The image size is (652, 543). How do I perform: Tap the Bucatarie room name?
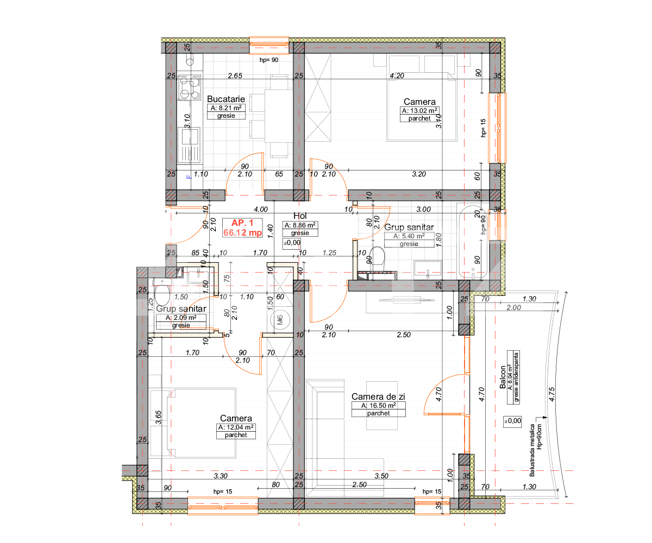click(x=226, y=99)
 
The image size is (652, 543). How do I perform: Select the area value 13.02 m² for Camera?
click(x=419, y=110)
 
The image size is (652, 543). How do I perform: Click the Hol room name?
click(x=300, y=216)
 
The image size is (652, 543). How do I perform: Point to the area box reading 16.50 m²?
click(x=378, y=406)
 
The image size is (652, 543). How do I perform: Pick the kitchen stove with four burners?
click(x=189, y=87)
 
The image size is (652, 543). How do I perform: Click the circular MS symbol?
click(x=280, y=320)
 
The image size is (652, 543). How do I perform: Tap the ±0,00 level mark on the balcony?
click(x=512, y=420)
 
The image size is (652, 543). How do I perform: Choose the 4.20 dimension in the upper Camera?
click(x=397, y=76)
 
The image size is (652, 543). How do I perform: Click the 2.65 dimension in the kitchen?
click(x=235, y=76)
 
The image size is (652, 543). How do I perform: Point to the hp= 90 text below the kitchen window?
click(x=268, y=60)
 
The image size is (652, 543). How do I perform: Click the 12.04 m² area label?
click(x=235, y=427)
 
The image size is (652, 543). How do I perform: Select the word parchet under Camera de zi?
click(x=378, y=413)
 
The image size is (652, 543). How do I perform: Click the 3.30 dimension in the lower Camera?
click(x=220, y=476)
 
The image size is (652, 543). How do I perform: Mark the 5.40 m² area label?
click(x=404, y=236)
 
